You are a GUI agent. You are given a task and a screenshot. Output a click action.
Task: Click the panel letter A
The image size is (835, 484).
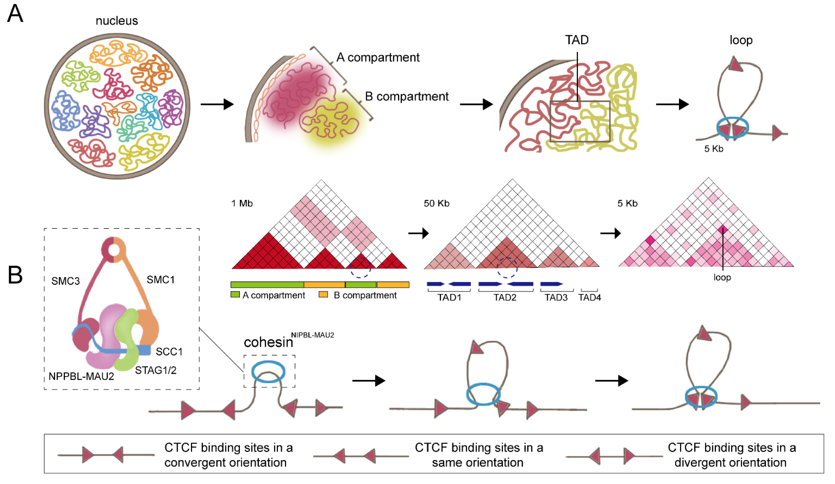click(15, 14)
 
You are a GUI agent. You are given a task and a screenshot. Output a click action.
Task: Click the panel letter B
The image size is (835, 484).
click(15, 275)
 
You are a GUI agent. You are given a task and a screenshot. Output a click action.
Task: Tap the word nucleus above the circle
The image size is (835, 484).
click(117, 21)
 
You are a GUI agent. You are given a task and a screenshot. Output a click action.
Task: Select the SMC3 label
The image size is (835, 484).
click(65, 281)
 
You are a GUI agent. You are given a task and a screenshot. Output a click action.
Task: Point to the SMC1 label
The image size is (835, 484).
click(160, 280)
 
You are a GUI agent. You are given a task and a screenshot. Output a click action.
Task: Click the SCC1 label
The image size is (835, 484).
click(169, 351)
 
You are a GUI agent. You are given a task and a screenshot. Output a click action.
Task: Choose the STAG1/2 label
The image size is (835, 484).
click(155, 370)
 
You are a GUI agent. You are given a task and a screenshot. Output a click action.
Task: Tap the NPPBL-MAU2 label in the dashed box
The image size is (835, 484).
click(81, 376)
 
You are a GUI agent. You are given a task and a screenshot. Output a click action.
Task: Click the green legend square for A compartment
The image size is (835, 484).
click(235, 294)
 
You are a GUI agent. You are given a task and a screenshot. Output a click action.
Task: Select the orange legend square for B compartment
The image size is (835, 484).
click(323, 294)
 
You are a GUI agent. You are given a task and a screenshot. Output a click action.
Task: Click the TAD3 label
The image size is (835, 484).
click(556, 297)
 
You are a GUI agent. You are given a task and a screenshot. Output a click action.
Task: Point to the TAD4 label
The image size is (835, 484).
click(589, 297)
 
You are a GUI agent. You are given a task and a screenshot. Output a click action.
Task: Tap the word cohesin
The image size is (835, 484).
click(268, 342)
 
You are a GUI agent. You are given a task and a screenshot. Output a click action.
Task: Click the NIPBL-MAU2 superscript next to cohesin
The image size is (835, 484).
click(312, 335)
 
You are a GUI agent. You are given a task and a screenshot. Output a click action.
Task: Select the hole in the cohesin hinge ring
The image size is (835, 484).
click(114, 251)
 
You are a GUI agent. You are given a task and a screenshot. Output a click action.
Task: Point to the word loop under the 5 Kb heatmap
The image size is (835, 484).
click(722, 277)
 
